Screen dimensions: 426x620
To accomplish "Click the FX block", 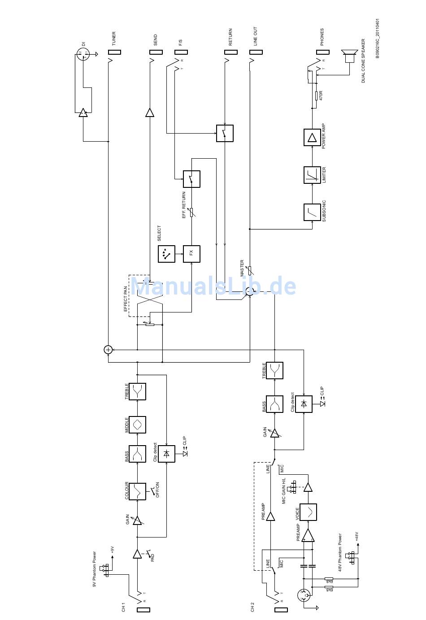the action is coord(191,254).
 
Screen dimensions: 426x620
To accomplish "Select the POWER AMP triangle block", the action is coord(312,137).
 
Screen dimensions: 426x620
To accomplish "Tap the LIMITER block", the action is coord(312,175).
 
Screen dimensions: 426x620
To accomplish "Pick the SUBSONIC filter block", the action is coord(312,212).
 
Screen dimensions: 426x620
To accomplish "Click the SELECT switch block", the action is coord(166,254).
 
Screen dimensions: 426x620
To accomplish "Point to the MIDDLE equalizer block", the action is coord(137,424).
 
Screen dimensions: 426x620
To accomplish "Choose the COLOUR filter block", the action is coord(137,491).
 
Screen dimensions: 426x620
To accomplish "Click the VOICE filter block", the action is coord(308,512).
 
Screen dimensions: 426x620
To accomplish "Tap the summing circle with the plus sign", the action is coord(108,350).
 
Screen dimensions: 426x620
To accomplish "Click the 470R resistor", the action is coord(316,95).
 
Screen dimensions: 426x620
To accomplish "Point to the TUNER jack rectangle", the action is coord(115,52).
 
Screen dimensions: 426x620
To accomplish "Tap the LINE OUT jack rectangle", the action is coord(256,52).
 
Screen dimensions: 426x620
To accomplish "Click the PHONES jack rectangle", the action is coord(323,52).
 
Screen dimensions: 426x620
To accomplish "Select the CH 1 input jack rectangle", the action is coord(143,610).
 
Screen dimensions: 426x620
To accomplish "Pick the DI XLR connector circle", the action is coord(84,55).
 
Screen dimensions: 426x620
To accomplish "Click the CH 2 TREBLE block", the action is coord(274,371).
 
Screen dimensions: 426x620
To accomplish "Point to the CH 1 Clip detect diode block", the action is coord(166,454).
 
